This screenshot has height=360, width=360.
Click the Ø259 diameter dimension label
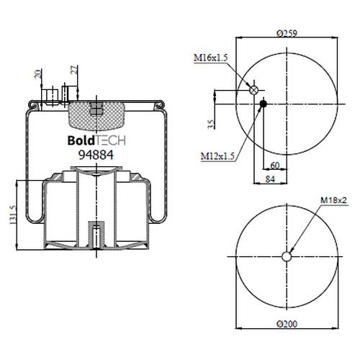(x=287, y=33)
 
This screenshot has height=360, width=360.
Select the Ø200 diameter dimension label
(x=287, y=324)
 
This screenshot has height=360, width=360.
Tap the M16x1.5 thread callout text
(x=210, y=58)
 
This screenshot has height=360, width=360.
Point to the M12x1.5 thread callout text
(x=217, y=156)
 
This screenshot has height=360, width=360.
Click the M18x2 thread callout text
(x=333, y=200)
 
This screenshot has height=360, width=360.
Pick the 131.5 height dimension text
(x=12, y=215)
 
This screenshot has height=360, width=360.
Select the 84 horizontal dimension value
(x=270, y=179)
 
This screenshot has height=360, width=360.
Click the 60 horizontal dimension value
(x=275, y=166)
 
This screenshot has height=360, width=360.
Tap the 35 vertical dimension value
(x=211, y=125)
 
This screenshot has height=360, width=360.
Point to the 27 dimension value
(x=75, y=70)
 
